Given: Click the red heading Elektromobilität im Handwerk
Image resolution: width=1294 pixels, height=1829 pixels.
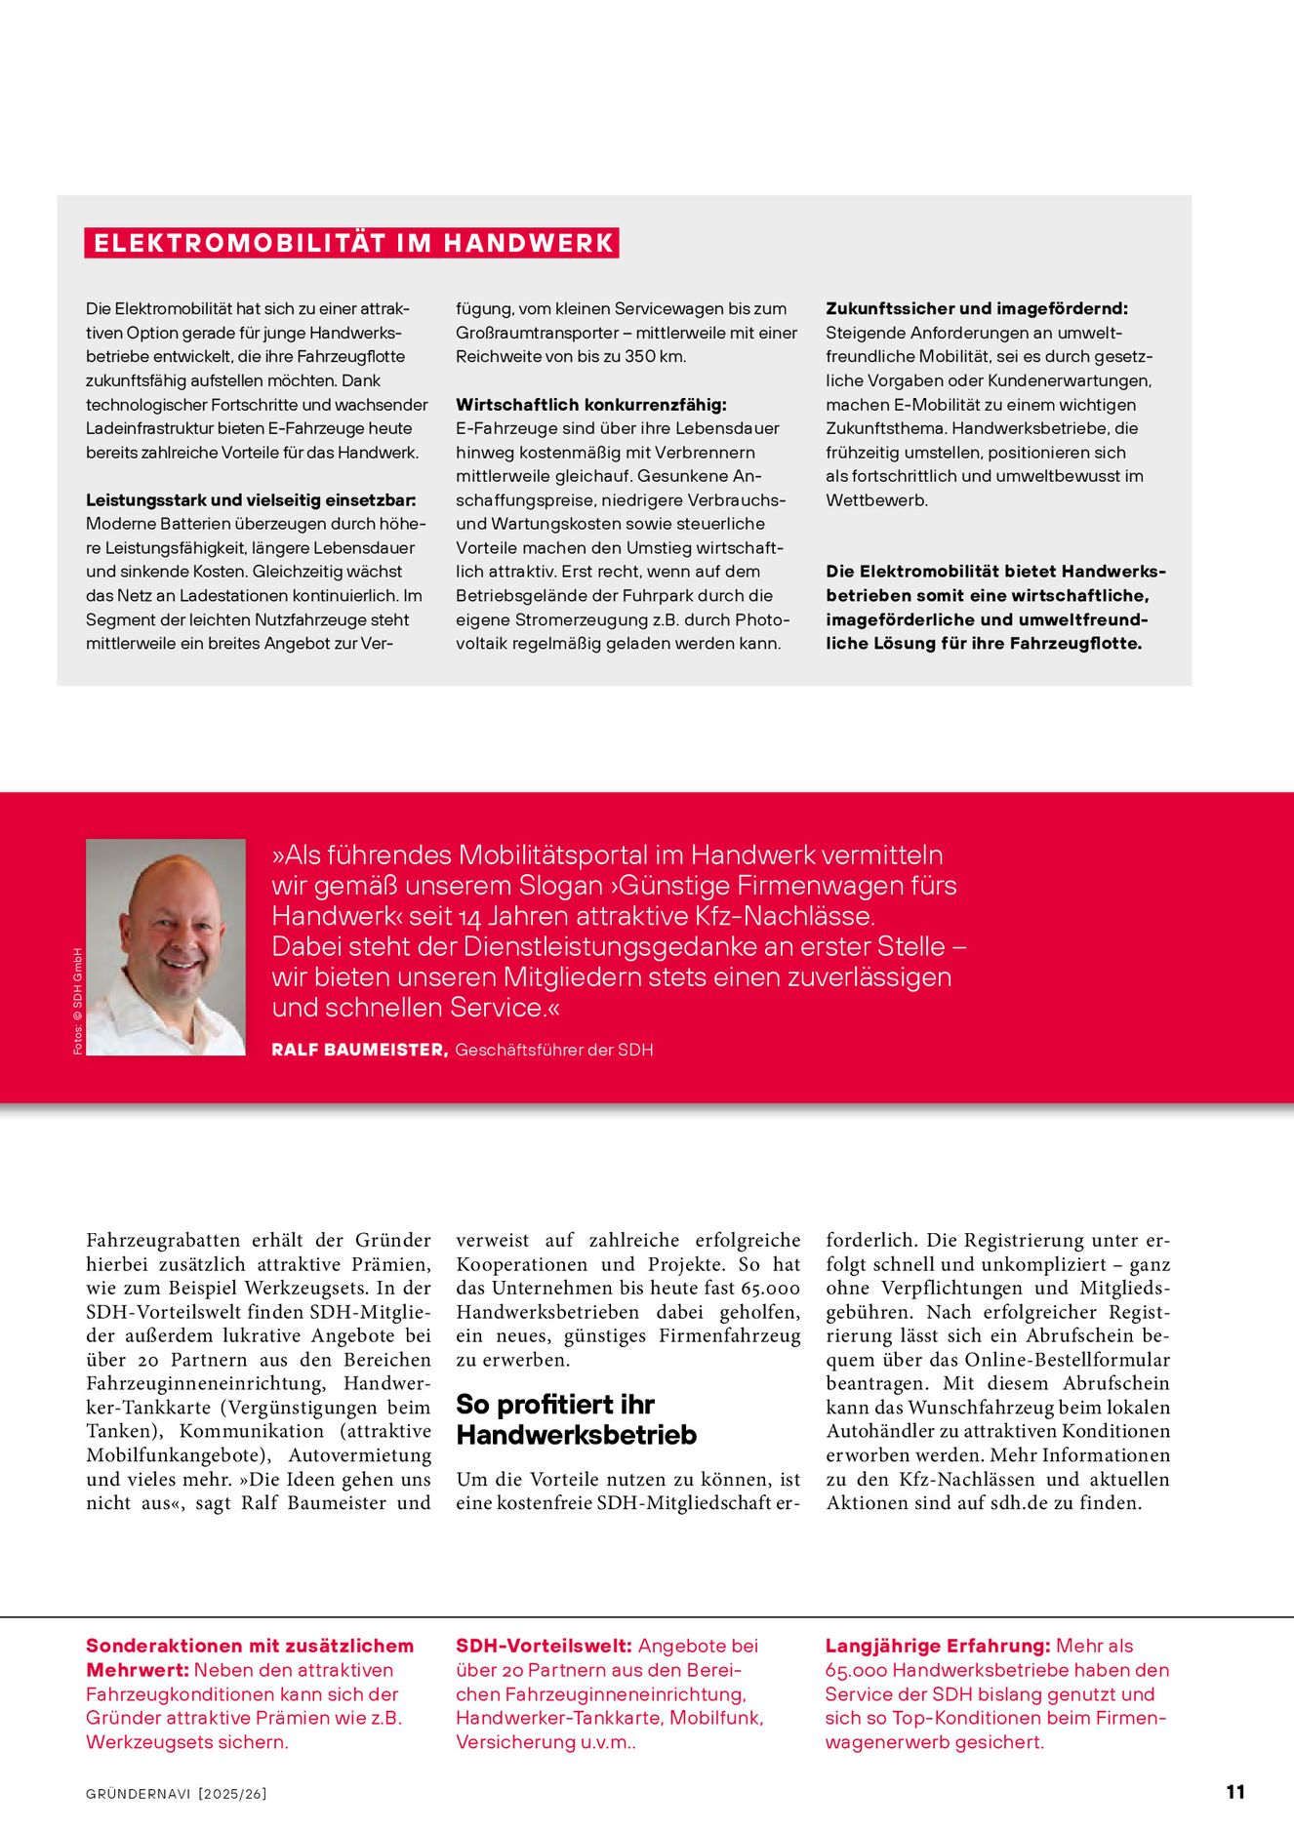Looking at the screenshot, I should click(352, 243).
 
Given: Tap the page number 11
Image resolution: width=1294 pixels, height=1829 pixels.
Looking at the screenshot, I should click(1234, 1792).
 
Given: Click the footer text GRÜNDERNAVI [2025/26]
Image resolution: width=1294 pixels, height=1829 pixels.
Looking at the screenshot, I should click(177, 1794).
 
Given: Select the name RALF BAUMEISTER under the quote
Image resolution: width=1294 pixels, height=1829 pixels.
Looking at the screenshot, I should click(359, 1050).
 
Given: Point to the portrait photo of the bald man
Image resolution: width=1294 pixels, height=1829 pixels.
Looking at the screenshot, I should click(166, 946).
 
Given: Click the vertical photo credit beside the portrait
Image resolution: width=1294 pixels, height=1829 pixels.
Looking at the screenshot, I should click(78, 1001).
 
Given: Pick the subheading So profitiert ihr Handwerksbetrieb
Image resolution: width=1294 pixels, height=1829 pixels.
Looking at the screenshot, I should click(576, 1419).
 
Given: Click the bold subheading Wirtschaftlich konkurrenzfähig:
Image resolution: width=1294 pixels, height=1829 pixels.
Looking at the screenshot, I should click(591, 405).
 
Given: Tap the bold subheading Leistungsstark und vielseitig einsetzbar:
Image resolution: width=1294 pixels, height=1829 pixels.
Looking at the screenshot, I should click(251, 500).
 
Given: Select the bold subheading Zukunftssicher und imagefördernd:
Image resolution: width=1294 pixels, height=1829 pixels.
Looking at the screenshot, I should click(977, 308).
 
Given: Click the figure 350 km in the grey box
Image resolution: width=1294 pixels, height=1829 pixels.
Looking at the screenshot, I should click(654, 357).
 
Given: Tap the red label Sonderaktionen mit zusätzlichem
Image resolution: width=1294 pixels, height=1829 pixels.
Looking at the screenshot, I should click(250, 1647).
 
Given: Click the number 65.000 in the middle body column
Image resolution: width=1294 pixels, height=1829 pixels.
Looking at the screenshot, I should click(770, 1289).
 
